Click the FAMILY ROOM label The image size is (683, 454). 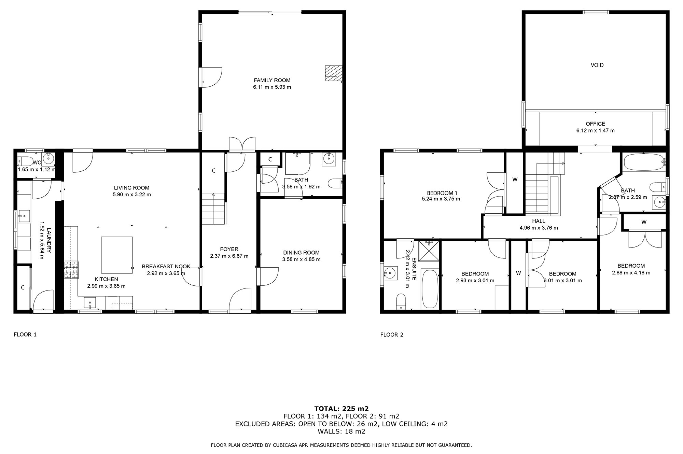[x=272, y=80]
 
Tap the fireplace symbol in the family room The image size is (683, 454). [x=333, y=73]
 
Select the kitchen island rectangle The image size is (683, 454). [x=117, y=255]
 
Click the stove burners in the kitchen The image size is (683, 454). [x=71, y=270]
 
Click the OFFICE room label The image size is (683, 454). [x=595, y=124]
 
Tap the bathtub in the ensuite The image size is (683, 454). [x=430, y=289]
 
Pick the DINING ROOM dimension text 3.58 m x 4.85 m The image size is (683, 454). [x=301, y=259]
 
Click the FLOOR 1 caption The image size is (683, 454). [x=25, y=335]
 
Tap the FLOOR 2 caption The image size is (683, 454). [x=392, y=335]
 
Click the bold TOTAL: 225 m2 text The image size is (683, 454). [x=341, y=409]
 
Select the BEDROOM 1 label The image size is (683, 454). [x=442, y=193]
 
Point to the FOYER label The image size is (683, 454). [x=229, y=249]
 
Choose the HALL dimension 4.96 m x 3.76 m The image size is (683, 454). [x=539, y=228]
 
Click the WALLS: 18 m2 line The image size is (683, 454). [x=341, y=431]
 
